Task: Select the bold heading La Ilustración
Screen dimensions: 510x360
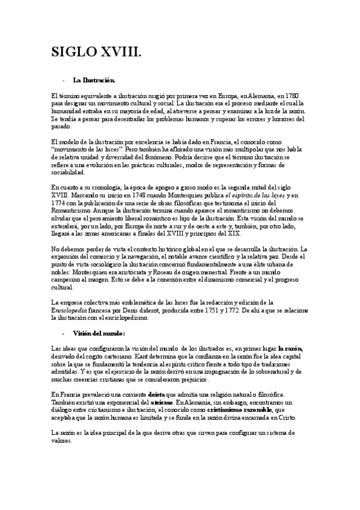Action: point(93,79)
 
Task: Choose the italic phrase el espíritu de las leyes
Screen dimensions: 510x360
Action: point(251,195)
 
